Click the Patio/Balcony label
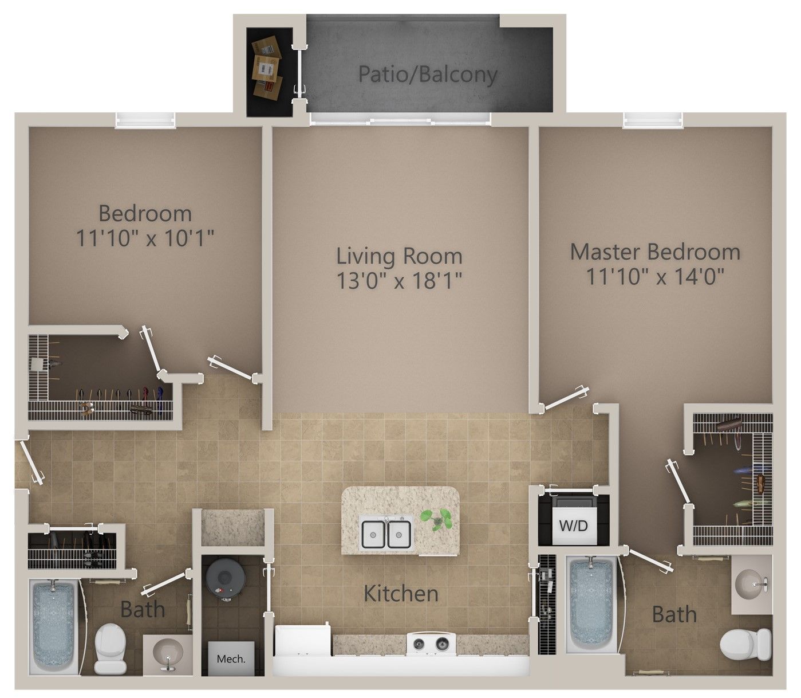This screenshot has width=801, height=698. coord(428,74)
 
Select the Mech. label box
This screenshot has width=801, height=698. coord(231,658)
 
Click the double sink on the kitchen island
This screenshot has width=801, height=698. coord(387,532)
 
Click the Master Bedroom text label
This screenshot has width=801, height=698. coord(655,252)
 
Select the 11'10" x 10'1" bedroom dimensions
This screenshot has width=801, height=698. coord(145,238)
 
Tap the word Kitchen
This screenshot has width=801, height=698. coord(401,594)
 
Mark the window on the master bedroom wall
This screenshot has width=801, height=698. coord(653,120)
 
